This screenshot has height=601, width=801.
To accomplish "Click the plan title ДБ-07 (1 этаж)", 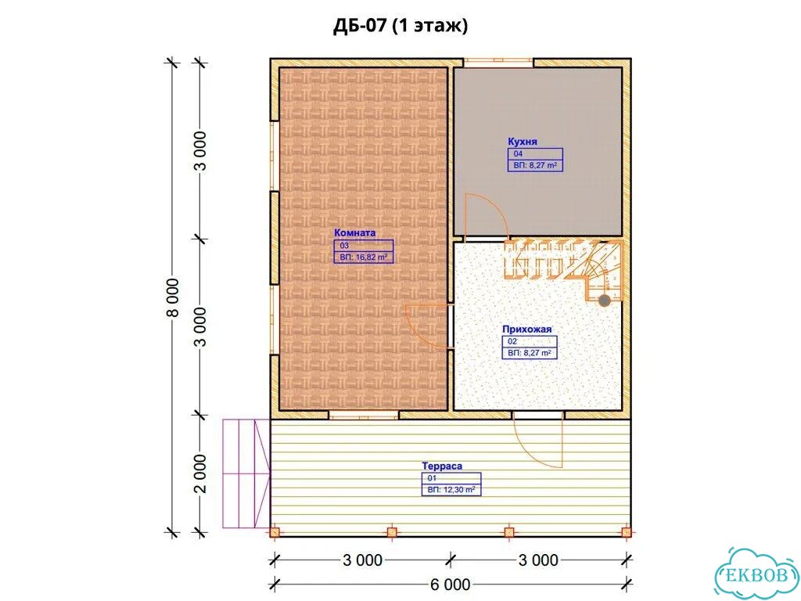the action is click(400, 26).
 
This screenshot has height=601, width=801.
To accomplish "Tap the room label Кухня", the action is click(522, 141).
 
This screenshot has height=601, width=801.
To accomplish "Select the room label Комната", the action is click(354, 232).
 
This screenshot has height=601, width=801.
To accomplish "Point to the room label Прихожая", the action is click(526, 329).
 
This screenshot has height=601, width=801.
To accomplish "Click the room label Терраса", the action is click(442, 466).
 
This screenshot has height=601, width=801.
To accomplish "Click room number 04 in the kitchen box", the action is click(518, 153).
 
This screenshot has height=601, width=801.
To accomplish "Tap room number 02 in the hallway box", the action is click(512, 341).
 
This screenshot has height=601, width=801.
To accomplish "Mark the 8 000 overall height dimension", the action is click(173, 297).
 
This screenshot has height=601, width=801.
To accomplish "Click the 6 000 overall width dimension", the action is click(450, 584).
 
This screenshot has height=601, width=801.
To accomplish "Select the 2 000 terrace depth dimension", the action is click(201, 473).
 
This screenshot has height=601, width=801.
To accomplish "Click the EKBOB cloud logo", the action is click(757, 574).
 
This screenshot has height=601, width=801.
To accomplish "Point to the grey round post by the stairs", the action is click(605, 300).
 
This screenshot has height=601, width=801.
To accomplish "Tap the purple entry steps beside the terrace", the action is click(246, 473).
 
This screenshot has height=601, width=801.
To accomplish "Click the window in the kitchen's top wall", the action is click(498, 63).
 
